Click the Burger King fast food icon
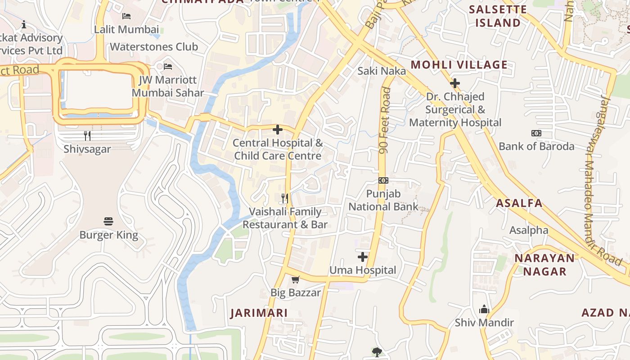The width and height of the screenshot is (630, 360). click(108, 221)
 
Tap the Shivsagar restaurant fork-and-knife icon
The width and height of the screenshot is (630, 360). click(87, 135)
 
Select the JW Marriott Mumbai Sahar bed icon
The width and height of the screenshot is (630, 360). click(168, 67)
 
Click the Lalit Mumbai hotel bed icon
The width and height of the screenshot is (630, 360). click(126, 16)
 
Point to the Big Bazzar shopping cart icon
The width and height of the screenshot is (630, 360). click(296, 279)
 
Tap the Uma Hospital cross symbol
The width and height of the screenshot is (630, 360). click(363, 257)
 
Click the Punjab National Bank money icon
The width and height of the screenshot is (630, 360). click(383, 180)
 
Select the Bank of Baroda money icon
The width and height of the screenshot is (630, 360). click(536, 133)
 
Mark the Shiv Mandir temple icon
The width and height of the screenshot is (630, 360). click(484, 309)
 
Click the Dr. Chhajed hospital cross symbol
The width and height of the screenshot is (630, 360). click(455, 83)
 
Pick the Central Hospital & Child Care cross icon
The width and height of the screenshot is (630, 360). click(278, 130)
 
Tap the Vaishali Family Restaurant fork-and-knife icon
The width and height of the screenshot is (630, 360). click(285, 198)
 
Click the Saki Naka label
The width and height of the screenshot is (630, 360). click(382, 71)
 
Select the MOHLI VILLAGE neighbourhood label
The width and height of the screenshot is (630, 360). click(459, 65)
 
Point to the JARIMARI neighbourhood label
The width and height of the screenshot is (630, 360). click(259, 313)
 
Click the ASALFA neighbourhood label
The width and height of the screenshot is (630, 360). click(519, 203)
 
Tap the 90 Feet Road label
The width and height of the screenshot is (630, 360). click(385, 121)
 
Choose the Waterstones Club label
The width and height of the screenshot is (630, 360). click(154, 47)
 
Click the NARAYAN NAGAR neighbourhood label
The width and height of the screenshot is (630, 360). click(545, 265)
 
